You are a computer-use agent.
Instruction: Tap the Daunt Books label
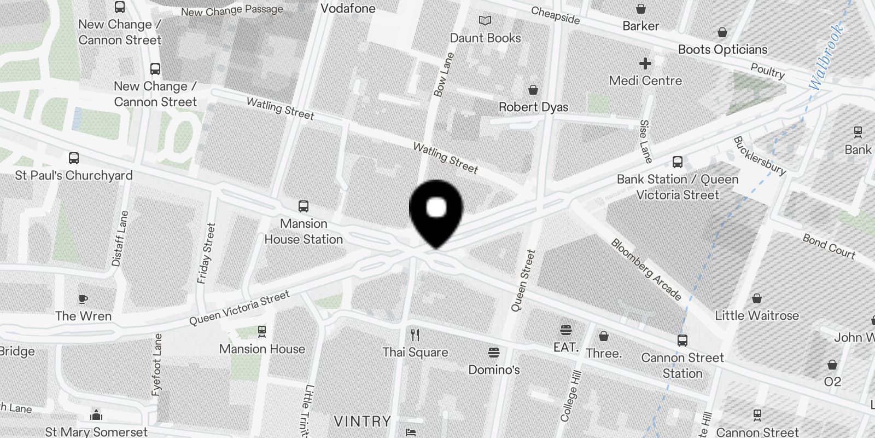point(485,38)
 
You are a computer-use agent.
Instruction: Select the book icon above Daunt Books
point(485,21)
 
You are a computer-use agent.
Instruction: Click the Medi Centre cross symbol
point(645,64)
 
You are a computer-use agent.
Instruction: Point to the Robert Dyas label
point(533,107)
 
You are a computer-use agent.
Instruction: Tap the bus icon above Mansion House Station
point(304,206)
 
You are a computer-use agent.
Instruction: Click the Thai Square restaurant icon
point(415,335)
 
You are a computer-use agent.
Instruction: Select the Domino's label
point(494,370)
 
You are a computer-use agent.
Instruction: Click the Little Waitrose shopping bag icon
point(757,298)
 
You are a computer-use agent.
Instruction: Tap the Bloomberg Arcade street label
point(646,269)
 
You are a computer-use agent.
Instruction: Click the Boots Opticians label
point(722,49)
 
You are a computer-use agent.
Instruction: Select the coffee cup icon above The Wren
point(83,299)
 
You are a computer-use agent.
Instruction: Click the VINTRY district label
point(362,422)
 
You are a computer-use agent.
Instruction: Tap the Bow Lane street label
point(444,75)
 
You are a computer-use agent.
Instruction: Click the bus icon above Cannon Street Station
point(682,341)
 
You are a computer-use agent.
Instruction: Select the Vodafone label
point(348,8)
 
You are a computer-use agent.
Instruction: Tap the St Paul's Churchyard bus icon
point(74,158)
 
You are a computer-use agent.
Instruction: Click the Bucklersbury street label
point(759,155)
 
